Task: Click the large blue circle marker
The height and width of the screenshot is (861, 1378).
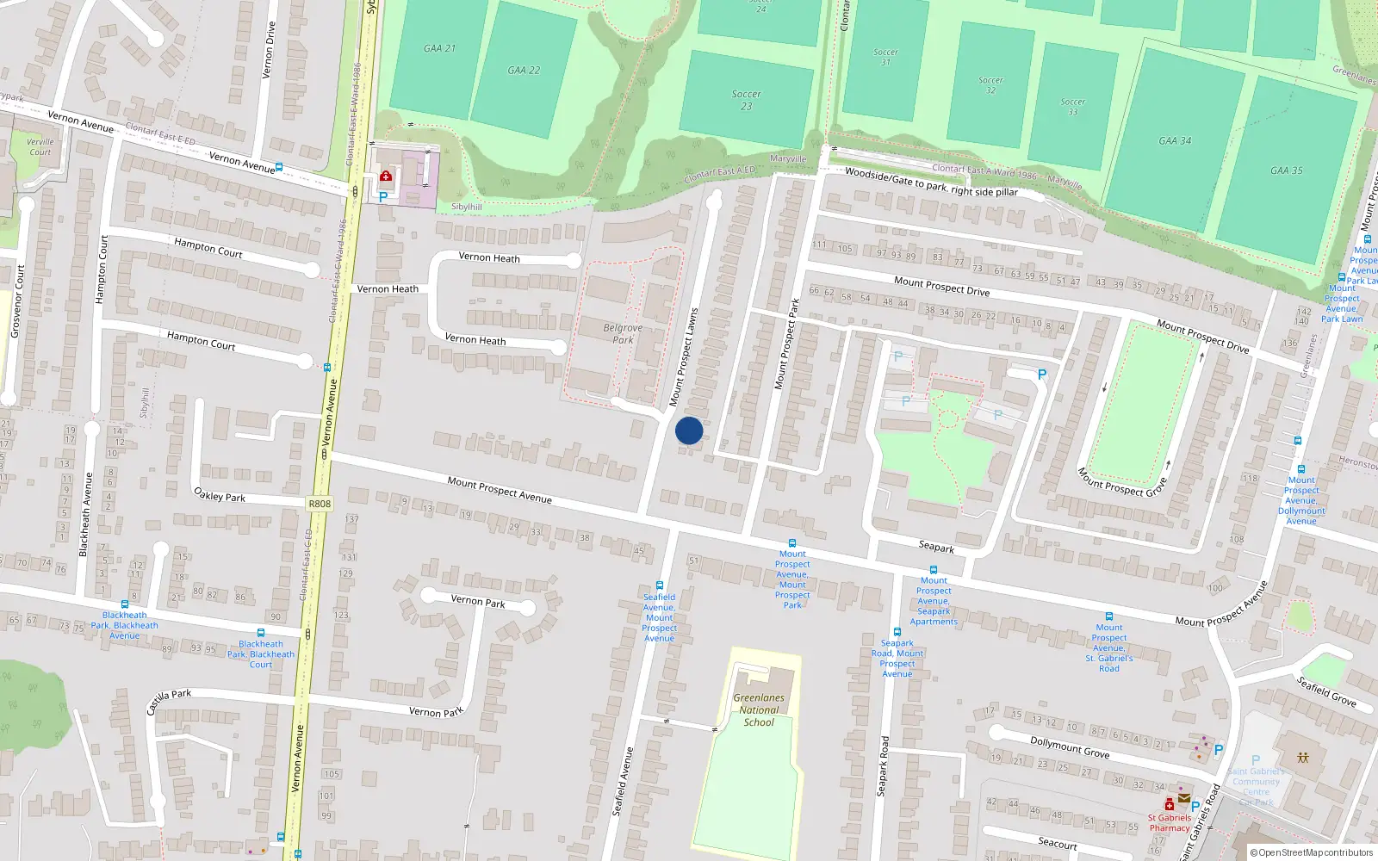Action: (689, 430)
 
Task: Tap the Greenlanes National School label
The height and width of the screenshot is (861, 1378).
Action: (759, 710)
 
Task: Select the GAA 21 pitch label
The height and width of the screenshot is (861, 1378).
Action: (439, 48)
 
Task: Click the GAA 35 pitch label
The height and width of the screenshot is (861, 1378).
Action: (1286, 170)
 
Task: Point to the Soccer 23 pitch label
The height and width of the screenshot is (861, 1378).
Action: (746, 100)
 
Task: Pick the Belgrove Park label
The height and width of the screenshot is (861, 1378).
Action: (623, 333)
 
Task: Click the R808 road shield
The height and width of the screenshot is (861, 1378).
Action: (319, 504)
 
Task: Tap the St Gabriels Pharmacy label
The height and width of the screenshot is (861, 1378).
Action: (1169, 823)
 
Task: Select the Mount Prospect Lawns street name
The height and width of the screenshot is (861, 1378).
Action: (684, 356)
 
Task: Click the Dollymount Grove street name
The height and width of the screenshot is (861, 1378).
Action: (1070, 746)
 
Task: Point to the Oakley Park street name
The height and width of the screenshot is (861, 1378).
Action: (220, 495)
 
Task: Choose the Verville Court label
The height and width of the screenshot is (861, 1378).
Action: (40, 147)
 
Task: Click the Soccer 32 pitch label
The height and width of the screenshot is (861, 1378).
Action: (990, 85)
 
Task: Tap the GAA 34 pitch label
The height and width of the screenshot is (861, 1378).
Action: (1175, 140)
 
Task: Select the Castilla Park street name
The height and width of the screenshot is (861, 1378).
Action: (169, 701)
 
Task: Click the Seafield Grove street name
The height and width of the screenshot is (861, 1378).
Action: (1326, 691)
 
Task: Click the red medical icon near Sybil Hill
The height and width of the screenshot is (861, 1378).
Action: (386, 177)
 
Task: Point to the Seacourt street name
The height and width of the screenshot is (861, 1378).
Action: (1057, 844)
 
